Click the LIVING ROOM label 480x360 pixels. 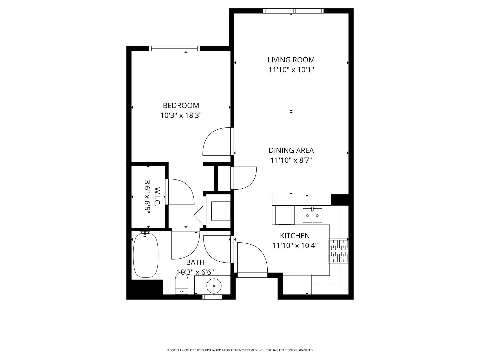pyautogui.click(x=291, y=60)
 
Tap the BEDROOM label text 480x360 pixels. pyautogui.click(x=181, y=105)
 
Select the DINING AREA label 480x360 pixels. pyautogui.click(x=291, y=150)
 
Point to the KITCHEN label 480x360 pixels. pyautogui.click(x=295, y=236)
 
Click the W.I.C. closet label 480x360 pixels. pyautogui.click(x=157, y=196)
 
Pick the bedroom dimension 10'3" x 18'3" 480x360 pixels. pyautogui.click(x=181, y=115)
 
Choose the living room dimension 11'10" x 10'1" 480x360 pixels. pyautogui.click(x=291, y=70)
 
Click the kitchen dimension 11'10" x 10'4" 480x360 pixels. pyautogui.click(x=295, y=245)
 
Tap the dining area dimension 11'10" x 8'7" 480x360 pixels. pyautogui.click(x=291, y=160)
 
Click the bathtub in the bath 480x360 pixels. pyautogui.click(x=146, y=255)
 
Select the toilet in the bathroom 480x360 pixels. pyautogui.click(x=182, y=284)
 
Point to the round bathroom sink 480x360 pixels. pyautogui.click(x=214, y=286)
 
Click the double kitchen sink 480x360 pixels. pyautogui.click(x=312, y=215)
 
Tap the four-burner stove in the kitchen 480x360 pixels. pyautogui.click(x=338, y=251)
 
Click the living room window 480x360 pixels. pyautogui.click(x=293, y=11)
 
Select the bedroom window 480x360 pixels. pyautogui.click(x=175, y=48)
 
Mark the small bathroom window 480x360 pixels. pyautogui.click(x=212, y=297)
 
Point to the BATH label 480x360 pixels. pyautogui.click(x=195, y=262)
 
